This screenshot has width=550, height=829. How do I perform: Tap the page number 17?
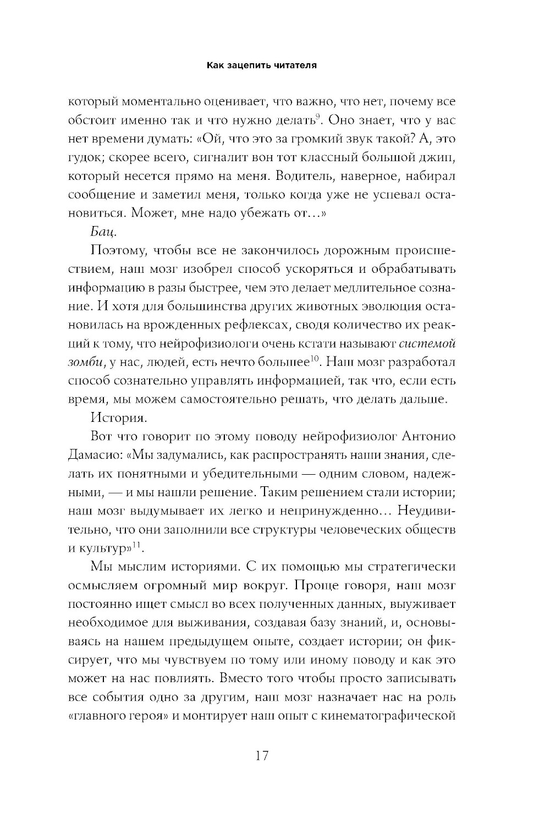262,755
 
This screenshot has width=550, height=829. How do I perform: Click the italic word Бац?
103,233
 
